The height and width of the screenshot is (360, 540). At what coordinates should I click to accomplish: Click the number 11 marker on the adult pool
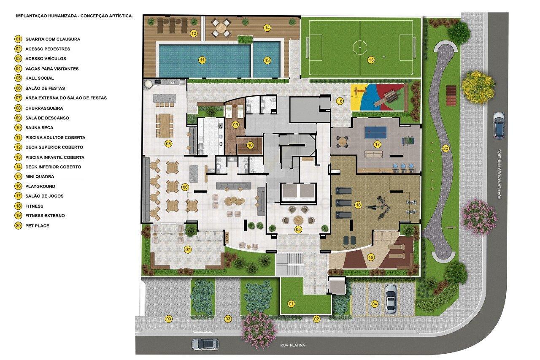202,60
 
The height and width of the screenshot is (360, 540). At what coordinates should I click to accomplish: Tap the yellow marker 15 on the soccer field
371,60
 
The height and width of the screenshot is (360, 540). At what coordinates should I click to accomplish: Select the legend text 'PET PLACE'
37,226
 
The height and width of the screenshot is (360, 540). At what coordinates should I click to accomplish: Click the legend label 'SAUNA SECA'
39,128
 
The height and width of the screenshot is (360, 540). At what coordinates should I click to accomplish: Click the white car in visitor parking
390,298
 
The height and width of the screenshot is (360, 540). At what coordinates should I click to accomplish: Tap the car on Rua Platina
205,344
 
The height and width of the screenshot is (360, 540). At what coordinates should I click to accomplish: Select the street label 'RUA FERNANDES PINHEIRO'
499,174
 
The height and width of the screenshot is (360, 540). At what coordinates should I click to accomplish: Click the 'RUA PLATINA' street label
292,345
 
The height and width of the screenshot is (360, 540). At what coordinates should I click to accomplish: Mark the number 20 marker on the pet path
445,149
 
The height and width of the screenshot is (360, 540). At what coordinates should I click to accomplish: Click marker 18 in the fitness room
358,205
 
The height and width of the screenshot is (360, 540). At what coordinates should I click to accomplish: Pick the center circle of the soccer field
360,47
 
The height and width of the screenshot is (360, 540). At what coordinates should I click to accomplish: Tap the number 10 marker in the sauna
250,146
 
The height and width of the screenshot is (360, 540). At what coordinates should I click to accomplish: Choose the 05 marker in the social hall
298,230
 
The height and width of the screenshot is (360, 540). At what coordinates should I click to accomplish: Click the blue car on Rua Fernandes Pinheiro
499,125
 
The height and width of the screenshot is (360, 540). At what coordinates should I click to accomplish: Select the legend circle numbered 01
18,39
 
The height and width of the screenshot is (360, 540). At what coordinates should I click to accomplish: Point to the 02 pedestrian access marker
316,319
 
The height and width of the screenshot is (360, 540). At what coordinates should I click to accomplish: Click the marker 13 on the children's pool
267,60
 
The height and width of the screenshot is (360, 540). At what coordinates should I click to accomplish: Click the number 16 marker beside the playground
340,101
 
